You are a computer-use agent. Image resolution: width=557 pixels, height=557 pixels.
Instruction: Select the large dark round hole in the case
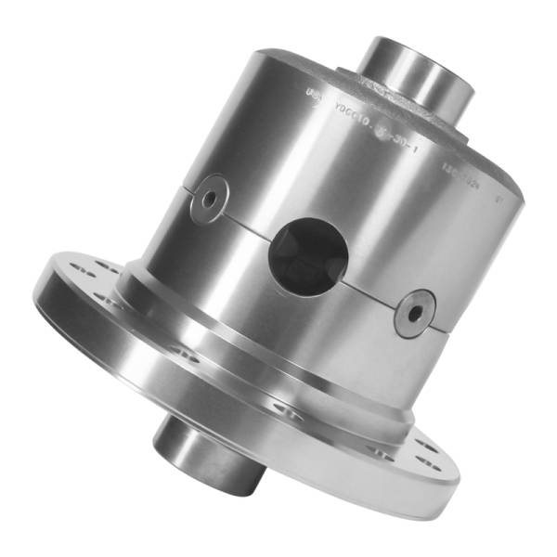[307, 254]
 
